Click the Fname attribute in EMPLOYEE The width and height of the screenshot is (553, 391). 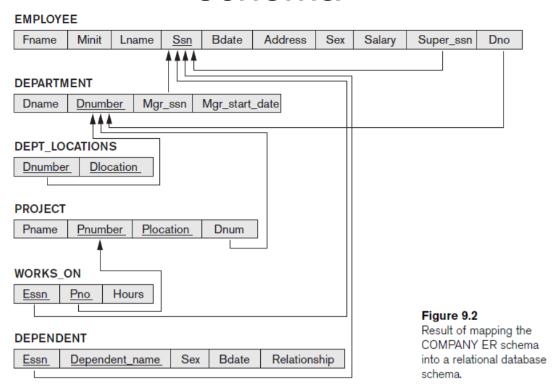pos(39,41)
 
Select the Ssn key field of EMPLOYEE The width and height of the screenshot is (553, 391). pos(182,41)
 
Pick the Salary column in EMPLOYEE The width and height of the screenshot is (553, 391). pos(380,41)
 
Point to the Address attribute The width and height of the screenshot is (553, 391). pos(285,41)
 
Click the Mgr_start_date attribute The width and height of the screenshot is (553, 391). pos(236,104)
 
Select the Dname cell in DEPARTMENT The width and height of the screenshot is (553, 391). pos(40,104)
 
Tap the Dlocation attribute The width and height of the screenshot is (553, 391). pos(114,167)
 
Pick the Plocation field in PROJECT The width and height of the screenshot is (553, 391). pos(166,229)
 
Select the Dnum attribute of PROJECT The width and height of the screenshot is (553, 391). pos(229,229)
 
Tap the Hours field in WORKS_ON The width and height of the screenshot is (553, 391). pos(128,294)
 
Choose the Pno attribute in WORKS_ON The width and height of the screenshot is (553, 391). pos(80,294)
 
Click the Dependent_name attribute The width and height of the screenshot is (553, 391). pos(116,360)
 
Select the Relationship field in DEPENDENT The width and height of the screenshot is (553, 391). pos(302,360)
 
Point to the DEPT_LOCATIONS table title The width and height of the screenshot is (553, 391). pos(65,147)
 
